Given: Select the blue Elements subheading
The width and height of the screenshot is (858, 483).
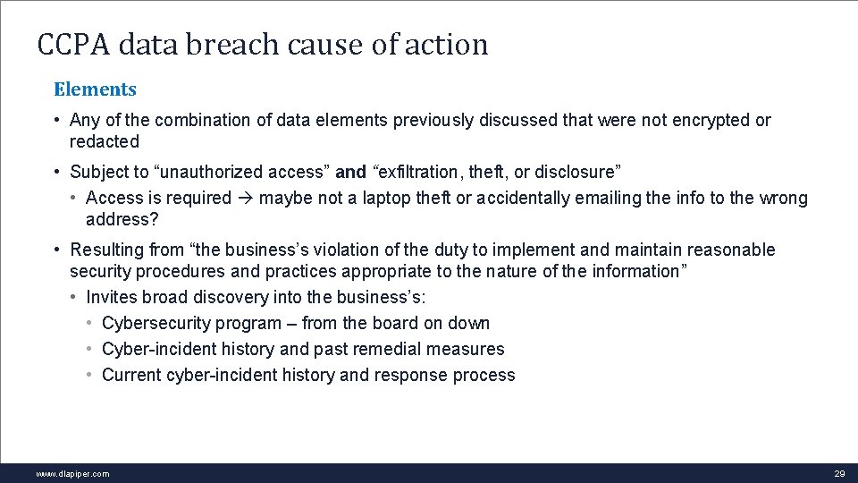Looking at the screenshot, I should [x=95, y=89].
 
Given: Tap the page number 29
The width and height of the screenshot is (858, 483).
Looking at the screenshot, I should [x=839, y=473].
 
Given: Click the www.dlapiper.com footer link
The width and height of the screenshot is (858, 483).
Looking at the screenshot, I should [x=72, y=473].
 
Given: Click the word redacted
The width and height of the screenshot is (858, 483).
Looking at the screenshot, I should [x=105, y=141].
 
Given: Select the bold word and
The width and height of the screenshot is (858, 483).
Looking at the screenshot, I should [x=350, y=172].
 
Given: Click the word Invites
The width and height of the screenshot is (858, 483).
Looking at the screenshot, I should [x=111, y=297].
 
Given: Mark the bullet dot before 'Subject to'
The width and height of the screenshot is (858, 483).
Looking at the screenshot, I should [x=56, y=172].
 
